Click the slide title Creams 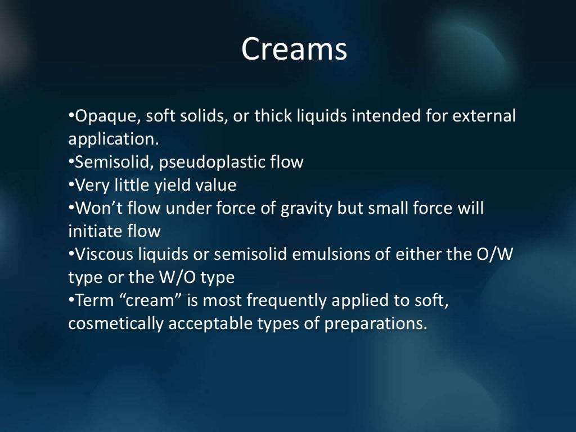[x=294, y=49]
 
